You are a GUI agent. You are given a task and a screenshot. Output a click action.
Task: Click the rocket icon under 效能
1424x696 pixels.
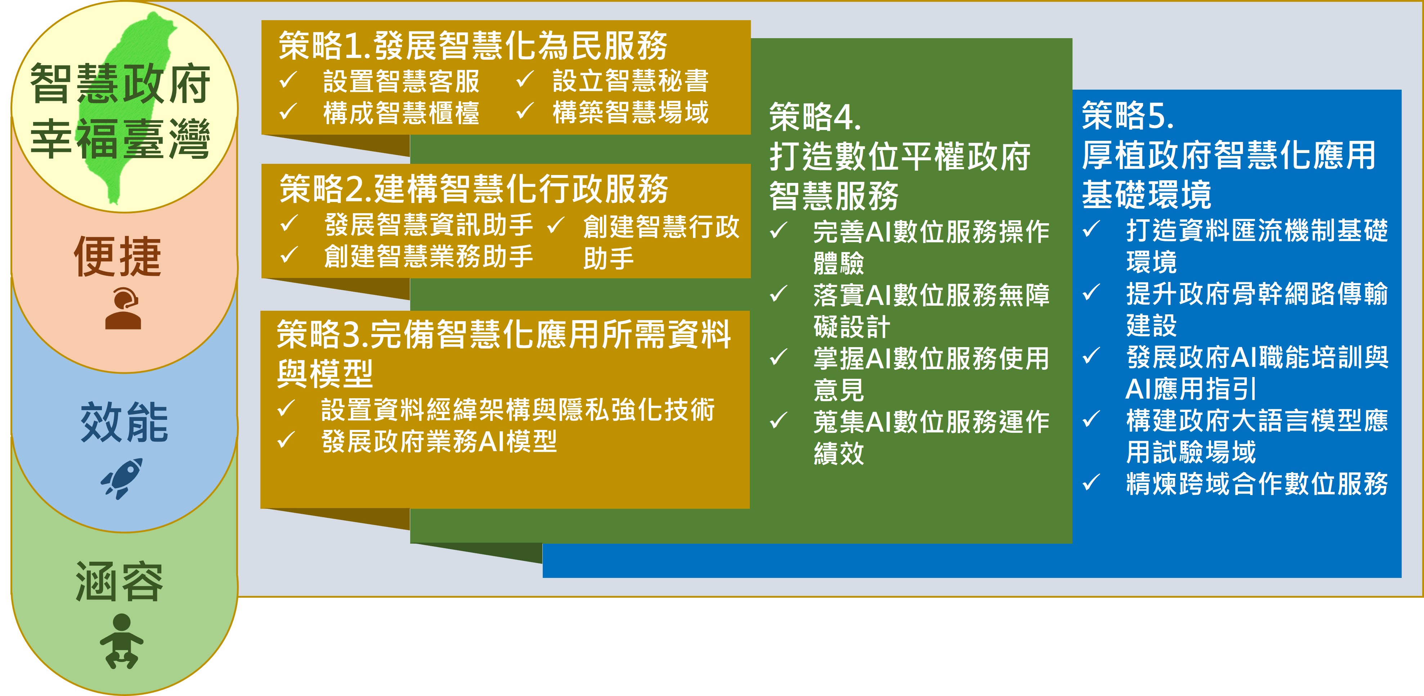pos(122,478)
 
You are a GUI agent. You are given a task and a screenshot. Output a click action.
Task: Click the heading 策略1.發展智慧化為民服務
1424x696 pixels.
pos(473,45)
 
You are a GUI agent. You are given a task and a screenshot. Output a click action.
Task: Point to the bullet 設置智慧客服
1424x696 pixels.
pos(401,81)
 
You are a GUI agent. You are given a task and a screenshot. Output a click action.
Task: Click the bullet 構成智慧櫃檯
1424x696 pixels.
pos(401,113)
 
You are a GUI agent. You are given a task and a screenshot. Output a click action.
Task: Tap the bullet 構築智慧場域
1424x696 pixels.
pos(631,112)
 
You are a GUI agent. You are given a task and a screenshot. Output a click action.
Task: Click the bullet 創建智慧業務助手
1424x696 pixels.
pos(429,256)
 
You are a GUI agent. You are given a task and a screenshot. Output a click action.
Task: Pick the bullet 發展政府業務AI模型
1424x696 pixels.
pos(439,442)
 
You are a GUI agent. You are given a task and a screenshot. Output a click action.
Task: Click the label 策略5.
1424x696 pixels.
pos(1128,116)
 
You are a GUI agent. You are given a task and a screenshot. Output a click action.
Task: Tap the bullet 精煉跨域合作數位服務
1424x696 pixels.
pos(1257,484)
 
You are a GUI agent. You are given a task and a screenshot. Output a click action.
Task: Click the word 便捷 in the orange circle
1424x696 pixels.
pos(118,256)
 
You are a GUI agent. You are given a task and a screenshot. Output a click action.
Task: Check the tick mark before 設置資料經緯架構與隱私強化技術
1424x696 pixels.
pos(286,409)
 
